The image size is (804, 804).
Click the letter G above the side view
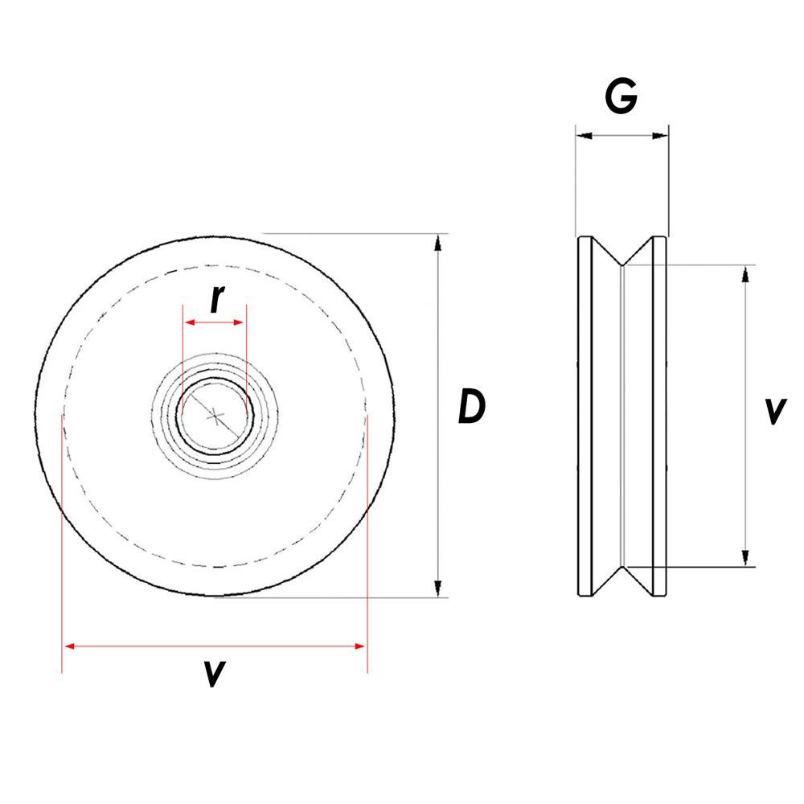(x=621, y=96)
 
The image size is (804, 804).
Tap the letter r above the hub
(x=215, y=299)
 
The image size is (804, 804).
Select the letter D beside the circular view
(x=471, y=407)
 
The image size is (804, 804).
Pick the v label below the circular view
(x=212, y=673)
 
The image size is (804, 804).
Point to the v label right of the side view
(x=773, y=411)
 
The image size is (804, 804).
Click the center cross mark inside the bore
(x=215, y=416)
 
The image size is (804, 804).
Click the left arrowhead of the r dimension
(x=190, y=322)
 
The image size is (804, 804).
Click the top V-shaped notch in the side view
(x=624, y=256)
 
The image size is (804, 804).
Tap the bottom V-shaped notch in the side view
(x=624, y=577)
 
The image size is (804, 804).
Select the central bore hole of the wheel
(x=215, y=416)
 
